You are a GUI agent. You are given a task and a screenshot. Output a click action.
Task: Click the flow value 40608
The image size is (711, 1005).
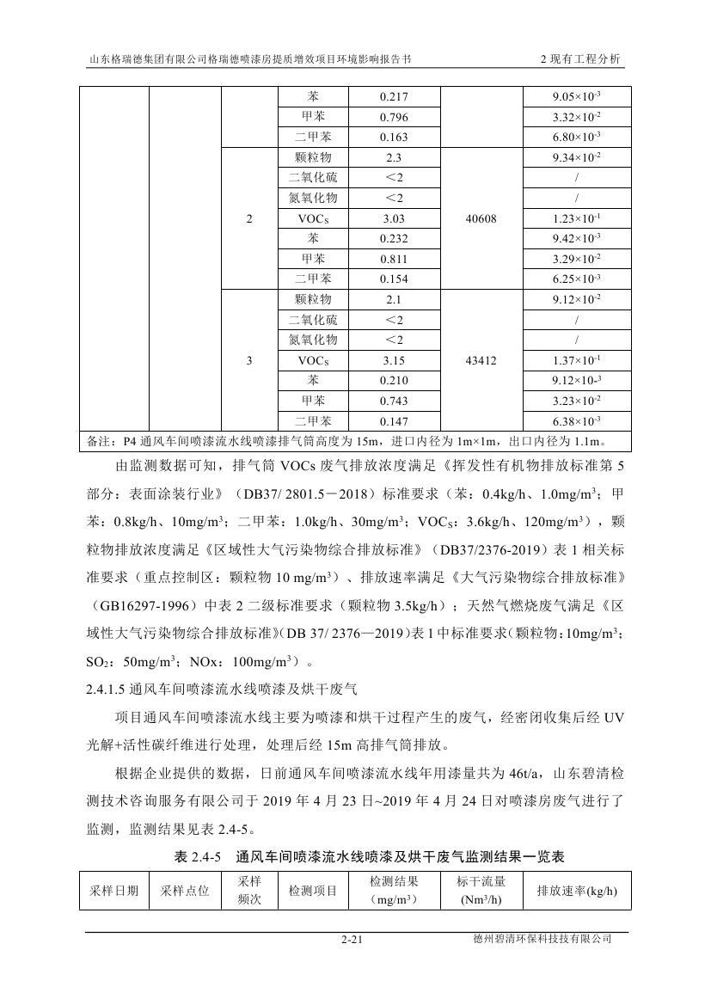(481, 219)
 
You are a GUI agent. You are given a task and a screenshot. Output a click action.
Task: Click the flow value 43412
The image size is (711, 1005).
(481, 361)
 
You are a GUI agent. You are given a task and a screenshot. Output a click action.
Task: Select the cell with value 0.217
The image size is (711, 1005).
(394, 97)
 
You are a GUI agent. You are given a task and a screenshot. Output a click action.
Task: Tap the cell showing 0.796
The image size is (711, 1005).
(394, 118)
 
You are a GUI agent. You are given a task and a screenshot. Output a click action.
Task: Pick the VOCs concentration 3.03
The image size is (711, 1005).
(394, 219)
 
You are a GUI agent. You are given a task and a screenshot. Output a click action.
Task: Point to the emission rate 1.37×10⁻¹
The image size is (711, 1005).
(576, 361)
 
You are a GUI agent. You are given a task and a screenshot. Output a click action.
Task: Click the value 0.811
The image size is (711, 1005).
(394, 259)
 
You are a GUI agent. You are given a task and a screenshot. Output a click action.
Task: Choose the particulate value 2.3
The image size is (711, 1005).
(394, 158)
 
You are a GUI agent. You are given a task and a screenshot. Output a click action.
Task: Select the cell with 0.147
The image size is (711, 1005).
(394, 421)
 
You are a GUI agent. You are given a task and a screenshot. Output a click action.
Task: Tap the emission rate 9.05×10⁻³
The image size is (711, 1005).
(576, 97)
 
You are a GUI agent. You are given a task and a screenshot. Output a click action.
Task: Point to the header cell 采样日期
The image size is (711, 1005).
(114, 891)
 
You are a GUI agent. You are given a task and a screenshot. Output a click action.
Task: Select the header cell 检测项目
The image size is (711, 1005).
(313, 891)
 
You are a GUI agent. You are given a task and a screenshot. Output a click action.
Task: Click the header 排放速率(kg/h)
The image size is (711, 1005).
(577, 891)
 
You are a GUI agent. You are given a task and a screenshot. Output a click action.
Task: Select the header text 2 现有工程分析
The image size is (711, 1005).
(580, 60)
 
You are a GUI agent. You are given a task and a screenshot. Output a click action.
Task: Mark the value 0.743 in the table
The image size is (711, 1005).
(394, 401)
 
